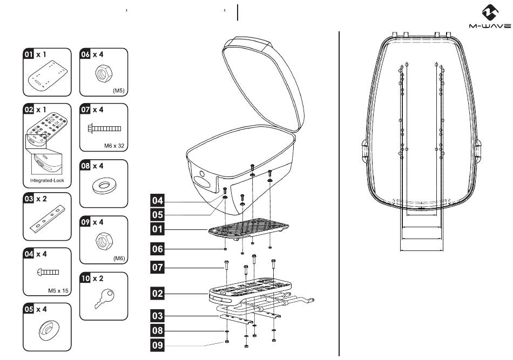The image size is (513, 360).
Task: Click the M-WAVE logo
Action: pos(490,17)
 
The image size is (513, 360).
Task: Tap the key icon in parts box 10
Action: pos(104,298)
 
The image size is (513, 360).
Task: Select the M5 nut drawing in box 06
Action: pos(103,73)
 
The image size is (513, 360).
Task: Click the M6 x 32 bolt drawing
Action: pos(104,128)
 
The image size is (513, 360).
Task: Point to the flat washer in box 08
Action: pos(104,185)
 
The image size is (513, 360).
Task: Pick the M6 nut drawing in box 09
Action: pos(104,241)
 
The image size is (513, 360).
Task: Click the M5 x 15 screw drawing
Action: pos(49,272)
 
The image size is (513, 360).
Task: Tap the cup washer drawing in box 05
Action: pos(49,330)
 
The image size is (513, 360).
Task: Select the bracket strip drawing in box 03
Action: pos(48,217)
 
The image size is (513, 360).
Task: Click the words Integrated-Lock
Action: pos(47,180)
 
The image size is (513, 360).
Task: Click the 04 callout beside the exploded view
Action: pos(157,200)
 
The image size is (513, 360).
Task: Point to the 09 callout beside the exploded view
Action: pos(157,345)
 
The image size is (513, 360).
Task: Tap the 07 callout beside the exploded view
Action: pos(157,268)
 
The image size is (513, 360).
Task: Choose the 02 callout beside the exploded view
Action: pos(157,293)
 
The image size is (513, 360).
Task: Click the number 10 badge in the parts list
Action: pos(85,279)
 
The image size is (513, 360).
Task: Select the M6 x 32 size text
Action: pos(114,146)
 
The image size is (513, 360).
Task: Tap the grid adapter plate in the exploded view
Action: pos(248,228)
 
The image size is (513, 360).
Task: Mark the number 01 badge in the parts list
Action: pos(29,54)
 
